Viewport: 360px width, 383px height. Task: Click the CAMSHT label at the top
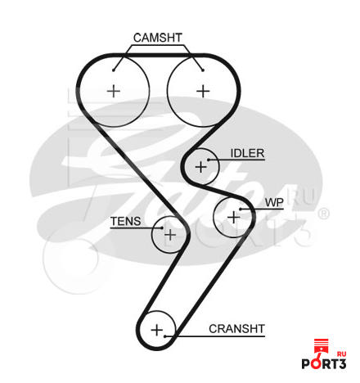[x=158, y=38]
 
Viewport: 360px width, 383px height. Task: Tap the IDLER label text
[x=247, y=153]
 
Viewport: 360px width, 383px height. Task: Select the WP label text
[x=274, y=203]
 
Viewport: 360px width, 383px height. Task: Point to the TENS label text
[x=125, y=221]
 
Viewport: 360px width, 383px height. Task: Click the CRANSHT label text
[x=236, y=329]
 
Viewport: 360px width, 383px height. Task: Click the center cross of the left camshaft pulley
[x=114, y=91]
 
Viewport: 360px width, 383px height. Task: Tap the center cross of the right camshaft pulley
[x=203, y=91]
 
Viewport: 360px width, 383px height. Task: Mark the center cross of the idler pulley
[x=201, y=167]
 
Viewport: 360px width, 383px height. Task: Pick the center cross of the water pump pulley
[x=233, y=218]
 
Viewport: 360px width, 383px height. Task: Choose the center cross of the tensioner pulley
[x=170, y=235]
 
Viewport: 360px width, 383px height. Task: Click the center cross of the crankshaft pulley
[x=157, y=330]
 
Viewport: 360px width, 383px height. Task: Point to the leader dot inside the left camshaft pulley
[x=114, y=70]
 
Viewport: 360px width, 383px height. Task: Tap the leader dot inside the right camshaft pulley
[x=203, y=70]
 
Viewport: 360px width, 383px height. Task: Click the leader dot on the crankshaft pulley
[x=165, y=336]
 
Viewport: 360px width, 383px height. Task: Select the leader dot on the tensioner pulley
[x=162, y=228]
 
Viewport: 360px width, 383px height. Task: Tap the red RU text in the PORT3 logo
[x=341, y=354]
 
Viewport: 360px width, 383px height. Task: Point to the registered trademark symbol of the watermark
[x=324, y=214]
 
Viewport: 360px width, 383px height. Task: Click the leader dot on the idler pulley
[x=209, y=160]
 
